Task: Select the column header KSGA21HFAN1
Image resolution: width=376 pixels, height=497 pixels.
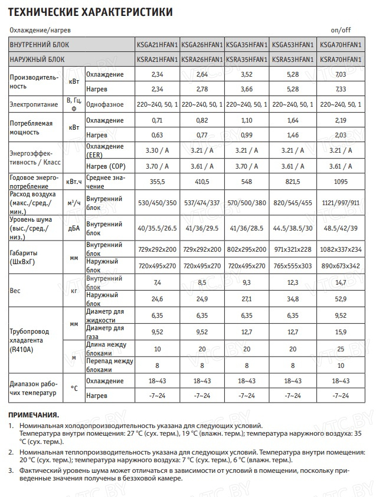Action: click(156, 45)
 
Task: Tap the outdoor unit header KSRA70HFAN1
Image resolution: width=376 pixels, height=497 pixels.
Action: click(339, 60)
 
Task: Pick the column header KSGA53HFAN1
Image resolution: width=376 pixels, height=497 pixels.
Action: click(292, 45)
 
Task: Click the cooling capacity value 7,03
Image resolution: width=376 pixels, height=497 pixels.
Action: click(339, 74)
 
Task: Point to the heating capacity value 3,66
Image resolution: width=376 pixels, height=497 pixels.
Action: click(247, 88)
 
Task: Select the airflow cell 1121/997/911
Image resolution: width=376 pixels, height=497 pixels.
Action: click(339, 203)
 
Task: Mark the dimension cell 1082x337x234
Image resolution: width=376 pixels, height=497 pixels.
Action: click(339, 249)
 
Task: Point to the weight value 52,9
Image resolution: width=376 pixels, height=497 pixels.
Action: click(339, 299)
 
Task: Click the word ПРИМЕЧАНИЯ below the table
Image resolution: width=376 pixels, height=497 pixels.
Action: click(34, 415)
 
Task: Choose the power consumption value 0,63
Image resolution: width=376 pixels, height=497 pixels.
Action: click(156, 134)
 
